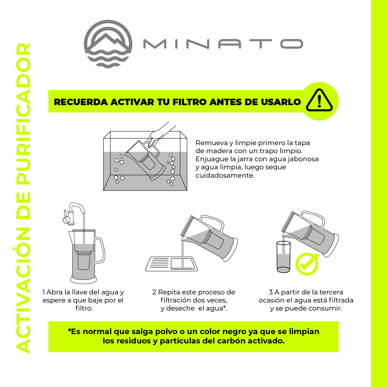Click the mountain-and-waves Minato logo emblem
108,44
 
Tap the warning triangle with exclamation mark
319,101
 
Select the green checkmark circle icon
307,264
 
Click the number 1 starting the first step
44,292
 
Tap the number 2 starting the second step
154,292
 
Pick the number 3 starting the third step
271,292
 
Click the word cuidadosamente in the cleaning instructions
225,175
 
